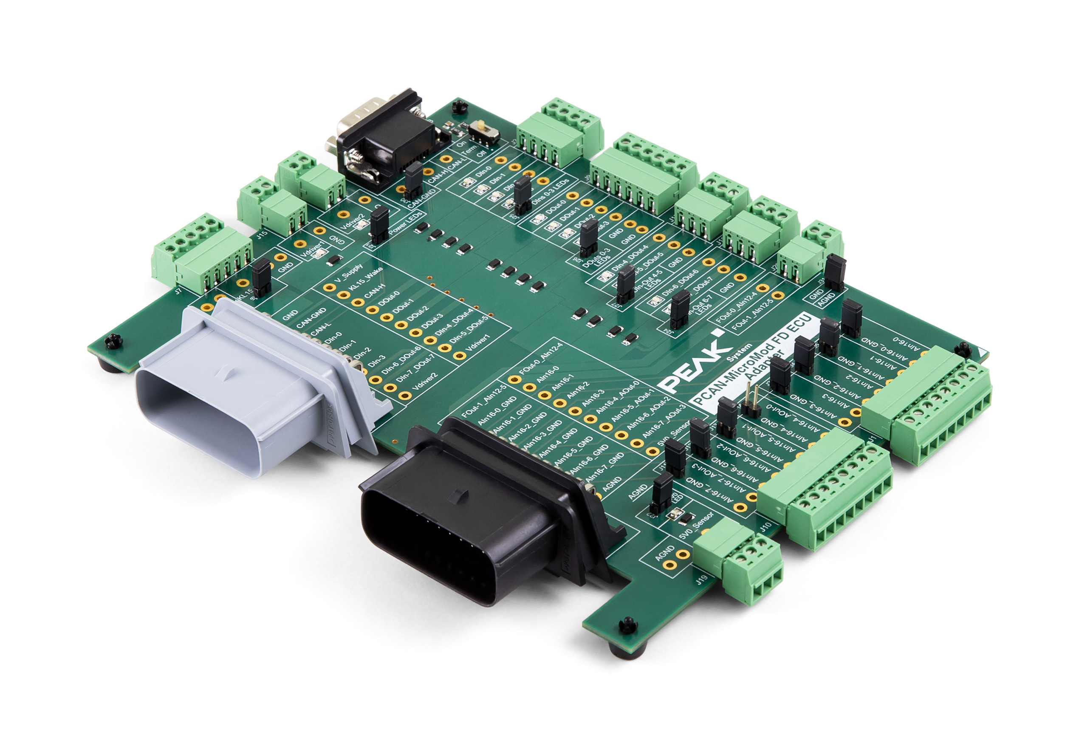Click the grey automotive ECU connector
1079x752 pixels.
[x=244, y=390]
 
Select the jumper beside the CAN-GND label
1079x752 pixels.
[x=414, y=181]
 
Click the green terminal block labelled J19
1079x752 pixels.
[x=738, y=559]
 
